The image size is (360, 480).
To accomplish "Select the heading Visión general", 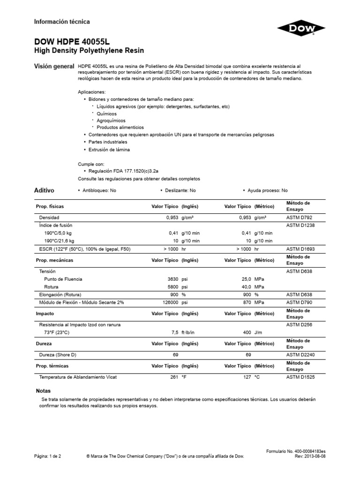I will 54,67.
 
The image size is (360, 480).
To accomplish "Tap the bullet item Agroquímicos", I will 108,120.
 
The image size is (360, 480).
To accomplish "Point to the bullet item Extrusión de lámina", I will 109,150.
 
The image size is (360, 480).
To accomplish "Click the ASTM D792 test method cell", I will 299,218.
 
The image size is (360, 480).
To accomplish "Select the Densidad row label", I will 49,218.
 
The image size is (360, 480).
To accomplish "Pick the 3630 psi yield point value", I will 176,279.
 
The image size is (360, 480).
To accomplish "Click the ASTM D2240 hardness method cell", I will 300,355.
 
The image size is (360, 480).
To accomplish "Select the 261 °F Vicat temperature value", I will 176,376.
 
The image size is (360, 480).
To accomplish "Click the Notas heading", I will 43,390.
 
